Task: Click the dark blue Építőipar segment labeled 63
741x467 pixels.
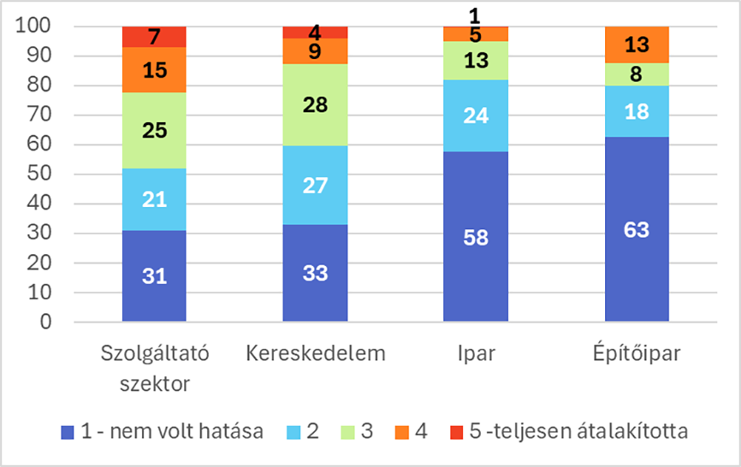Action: (637, 229)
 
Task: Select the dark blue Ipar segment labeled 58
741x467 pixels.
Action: (476, 237)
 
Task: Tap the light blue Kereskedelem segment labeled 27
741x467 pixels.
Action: (315, 186)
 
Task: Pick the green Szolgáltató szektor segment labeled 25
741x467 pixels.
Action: (154, 131)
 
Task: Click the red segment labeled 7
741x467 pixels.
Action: (154, 37)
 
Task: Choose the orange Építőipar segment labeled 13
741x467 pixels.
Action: (637, 44)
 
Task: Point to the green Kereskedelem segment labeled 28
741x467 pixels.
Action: (315, 105)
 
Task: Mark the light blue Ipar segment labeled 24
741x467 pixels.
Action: (476, 115)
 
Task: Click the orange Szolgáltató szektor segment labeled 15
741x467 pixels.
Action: (154, 69)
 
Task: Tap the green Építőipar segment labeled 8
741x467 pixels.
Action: (637, 74)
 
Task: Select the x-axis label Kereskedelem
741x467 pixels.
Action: (315, 353)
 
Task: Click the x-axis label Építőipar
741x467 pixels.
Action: (637, 353)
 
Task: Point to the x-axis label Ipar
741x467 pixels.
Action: (476, 353)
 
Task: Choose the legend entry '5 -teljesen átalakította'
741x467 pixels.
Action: (567, 431)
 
